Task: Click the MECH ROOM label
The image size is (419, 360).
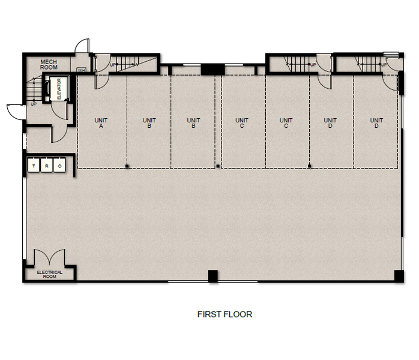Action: [48, 64]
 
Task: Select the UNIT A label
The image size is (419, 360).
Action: [101, 123]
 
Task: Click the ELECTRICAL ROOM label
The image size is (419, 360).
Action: [50, 274]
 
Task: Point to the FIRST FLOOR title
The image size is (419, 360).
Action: [225, 314]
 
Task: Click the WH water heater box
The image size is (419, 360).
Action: [82, 70]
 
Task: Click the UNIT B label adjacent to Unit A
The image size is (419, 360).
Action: [149, 123]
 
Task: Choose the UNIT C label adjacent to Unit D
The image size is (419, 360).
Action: [286, 123]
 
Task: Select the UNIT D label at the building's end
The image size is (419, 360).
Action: [376, 123]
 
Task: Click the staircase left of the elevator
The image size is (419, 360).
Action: [35, 91]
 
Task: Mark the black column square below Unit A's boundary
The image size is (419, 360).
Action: [127, 166]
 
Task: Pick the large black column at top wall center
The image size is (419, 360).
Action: [212, 70]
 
